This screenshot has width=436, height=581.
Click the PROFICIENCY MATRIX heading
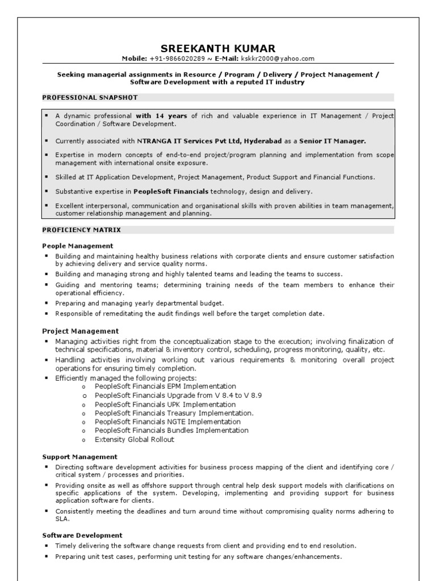click(81, 230)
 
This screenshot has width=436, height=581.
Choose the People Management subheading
click(78, 246)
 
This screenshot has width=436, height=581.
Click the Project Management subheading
click(80, 331)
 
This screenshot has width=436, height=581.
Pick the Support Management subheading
click(80, 456)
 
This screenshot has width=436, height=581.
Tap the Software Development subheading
click(82, 535)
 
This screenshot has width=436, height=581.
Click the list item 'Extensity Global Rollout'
click(135, 440)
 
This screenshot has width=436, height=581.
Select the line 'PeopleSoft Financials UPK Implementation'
click(157, 405)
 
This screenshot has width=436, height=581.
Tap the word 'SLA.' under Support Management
click(62, 519)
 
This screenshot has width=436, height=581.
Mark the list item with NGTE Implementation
click(160, 422)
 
